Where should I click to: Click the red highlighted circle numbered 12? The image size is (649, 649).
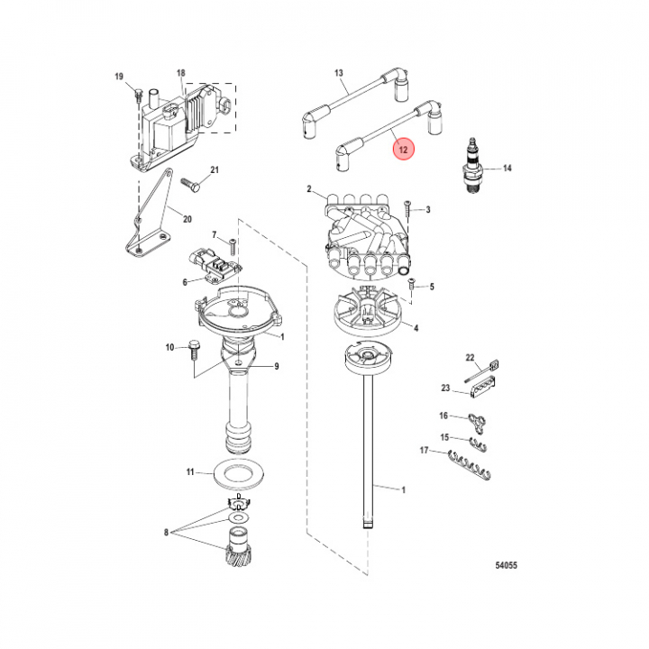(x=403, y=149)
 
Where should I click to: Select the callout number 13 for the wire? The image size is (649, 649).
(x=339, y=73)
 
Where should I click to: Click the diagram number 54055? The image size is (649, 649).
(x=507, y=565)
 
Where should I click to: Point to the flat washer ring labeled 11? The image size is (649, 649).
(x=239, y=473)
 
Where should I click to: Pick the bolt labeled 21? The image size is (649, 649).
(x=190, y=183)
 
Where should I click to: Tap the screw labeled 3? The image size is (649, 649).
(x=406, y=212)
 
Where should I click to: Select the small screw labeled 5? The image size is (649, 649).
(x=411, y=284)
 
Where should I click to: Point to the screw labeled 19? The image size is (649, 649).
(x=138, y=95)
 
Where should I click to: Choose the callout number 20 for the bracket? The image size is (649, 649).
(x=187, y=219)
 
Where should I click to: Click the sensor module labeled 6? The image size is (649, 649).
(x=215, y=267)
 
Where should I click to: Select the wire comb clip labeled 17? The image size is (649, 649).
(x=469, y=465)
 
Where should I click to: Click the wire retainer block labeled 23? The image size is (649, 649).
(x=484, y=387)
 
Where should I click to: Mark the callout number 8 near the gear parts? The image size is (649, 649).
(x=167, y=533)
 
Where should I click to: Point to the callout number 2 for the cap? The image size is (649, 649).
(x=309, y=189)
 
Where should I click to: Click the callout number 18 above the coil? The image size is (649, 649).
(x=181, y=73)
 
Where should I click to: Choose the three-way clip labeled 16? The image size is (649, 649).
(x=477, y=422)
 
